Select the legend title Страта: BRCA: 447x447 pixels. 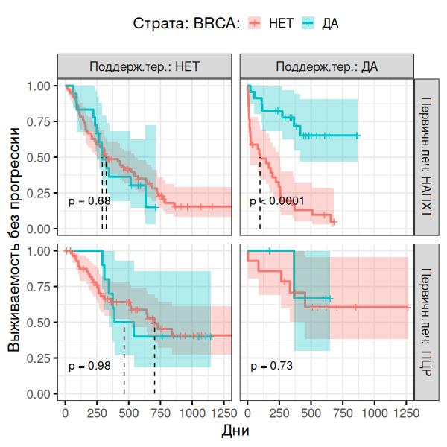point(186,23)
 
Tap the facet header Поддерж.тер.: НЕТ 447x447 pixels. point(145,66)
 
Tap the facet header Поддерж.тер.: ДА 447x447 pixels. point(326,66)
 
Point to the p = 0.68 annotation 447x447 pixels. point(89,201)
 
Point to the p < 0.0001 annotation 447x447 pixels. point(277,201)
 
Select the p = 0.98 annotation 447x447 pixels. point(89,366)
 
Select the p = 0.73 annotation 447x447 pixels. point(271,366)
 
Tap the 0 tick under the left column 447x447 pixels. point(66,411)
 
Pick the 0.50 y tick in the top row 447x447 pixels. point(38,157)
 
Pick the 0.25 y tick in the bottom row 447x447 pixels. point(38,358)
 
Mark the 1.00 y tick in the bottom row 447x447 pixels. point(38,251)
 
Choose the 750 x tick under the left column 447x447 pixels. point(160,411)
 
